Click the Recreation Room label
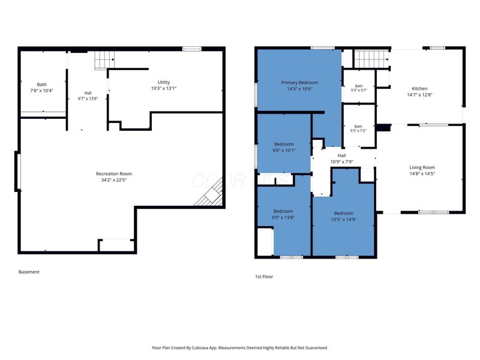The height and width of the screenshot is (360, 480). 114,173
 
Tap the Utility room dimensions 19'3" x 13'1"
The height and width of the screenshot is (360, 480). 164,88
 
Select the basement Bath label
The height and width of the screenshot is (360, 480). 41,85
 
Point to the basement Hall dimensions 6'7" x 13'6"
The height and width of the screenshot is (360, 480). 88,98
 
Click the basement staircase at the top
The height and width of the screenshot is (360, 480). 104,60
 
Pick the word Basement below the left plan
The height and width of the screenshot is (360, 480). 29,272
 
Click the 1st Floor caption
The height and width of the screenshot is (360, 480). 264,277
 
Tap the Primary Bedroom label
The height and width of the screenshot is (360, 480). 299,83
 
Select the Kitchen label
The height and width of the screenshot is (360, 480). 419,88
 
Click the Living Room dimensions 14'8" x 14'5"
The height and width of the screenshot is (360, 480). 422,173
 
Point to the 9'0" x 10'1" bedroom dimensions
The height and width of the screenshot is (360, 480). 284,151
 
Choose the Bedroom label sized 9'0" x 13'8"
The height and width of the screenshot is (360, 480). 283,211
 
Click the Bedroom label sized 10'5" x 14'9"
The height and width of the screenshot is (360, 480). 344,213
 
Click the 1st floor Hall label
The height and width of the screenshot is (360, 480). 341,155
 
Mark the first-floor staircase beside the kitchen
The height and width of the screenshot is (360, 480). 371,59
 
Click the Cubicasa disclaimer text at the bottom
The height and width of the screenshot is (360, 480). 239,348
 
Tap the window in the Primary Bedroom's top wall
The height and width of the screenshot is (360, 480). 323,48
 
